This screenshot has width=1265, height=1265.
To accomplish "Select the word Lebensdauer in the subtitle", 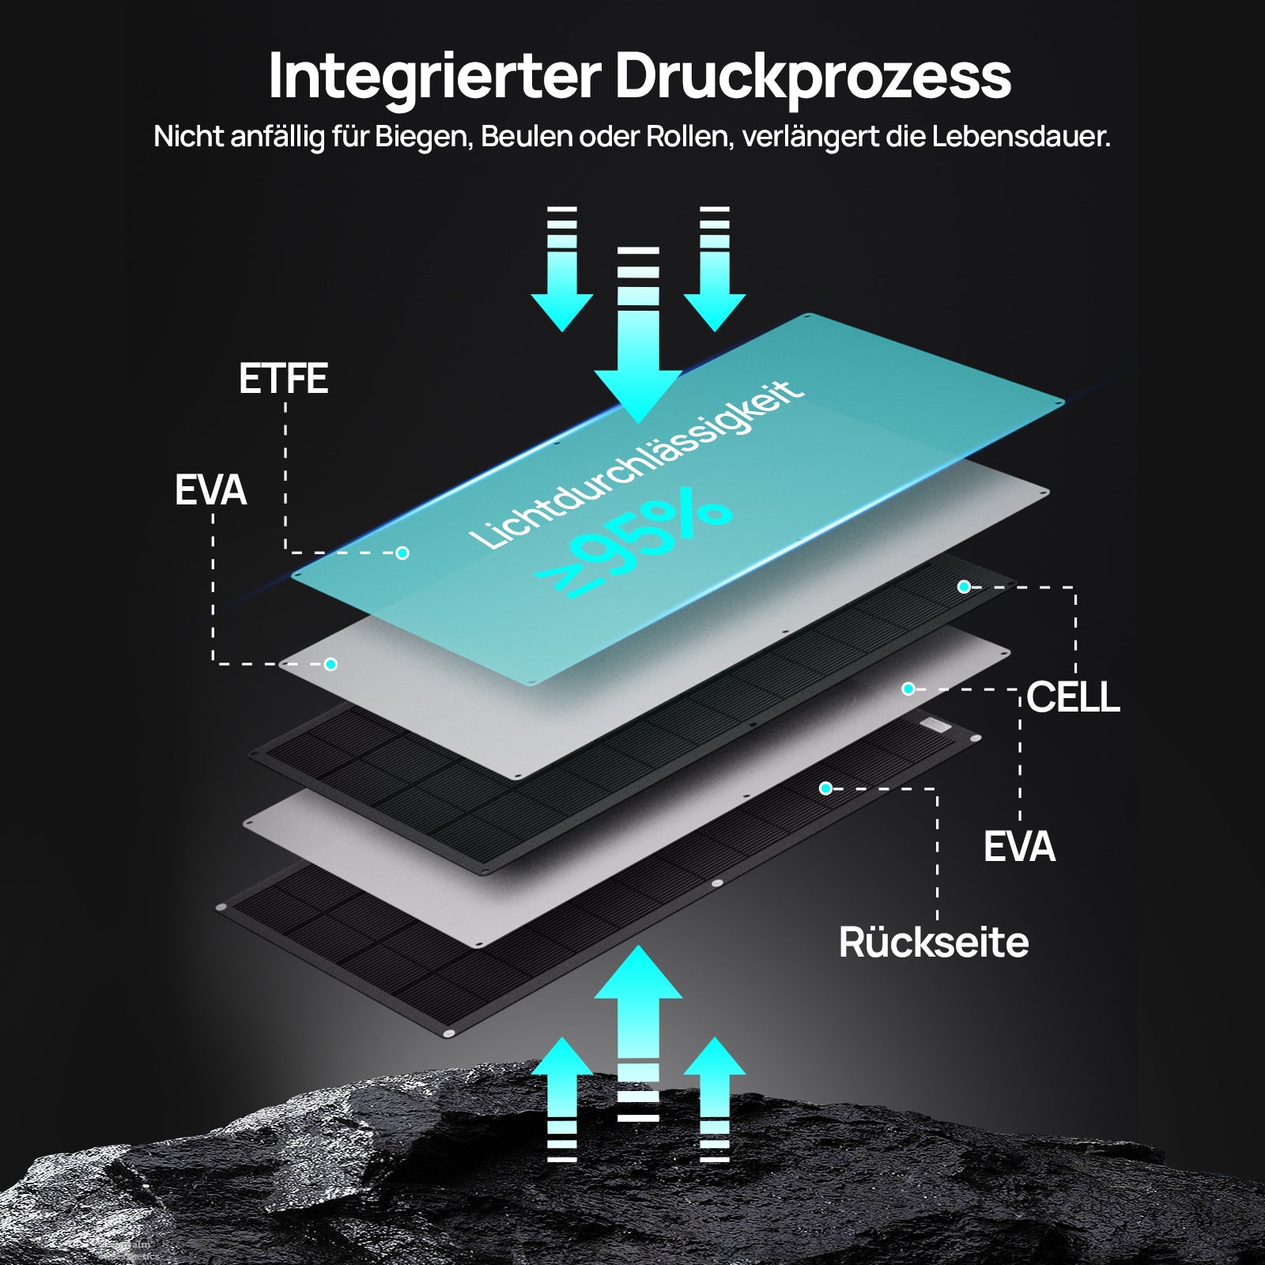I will (1021, 137).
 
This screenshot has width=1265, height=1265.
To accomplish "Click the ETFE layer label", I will (283, 379).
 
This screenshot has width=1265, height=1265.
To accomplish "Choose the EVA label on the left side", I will (210, 490).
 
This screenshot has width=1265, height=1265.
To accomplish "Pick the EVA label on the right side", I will (1019, 847).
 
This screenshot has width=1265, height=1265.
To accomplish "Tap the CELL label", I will (1073, 697).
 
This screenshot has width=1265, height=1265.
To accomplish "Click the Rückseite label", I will (934, 942).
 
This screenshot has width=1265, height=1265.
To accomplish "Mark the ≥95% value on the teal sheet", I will (632, 542).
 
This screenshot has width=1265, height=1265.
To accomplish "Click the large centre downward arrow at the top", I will (638, 340).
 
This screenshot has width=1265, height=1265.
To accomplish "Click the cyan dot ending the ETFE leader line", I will (402, 553).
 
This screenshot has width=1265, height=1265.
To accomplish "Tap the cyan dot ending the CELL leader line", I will (964, 587).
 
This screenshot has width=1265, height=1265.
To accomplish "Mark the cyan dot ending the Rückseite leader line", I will (825, 788).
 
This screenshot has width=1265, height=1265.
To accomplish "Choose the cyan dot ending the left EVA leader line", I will (330, 664).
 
